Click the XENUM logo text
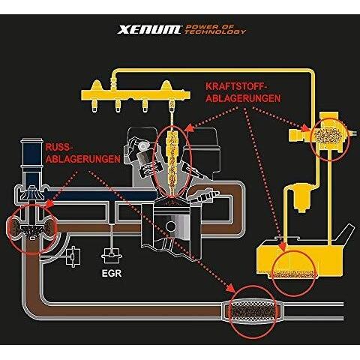[149, 29]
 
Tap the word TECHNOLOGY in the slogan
[215, 31]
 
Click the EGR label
[112, 273]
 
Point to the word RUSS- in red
[58, 147]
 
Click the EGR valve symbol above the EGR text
[112, 255]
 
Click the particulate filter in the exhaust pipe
[253, 310]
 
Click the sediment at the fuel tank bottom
[293, 274]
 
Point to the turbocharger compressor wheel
[31, 193]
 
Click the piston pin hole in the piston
[171, 226]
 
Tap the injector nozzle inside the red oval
[172, 163]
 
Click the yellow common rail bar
[136, 95]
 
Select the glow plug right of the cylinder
[204, 196]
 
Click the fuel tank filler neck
[347, 235]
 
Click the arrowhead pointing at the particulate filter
[230, 288]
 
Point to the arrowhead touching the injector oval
[190, 127]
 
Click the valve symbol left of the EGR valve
[73, 256]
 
